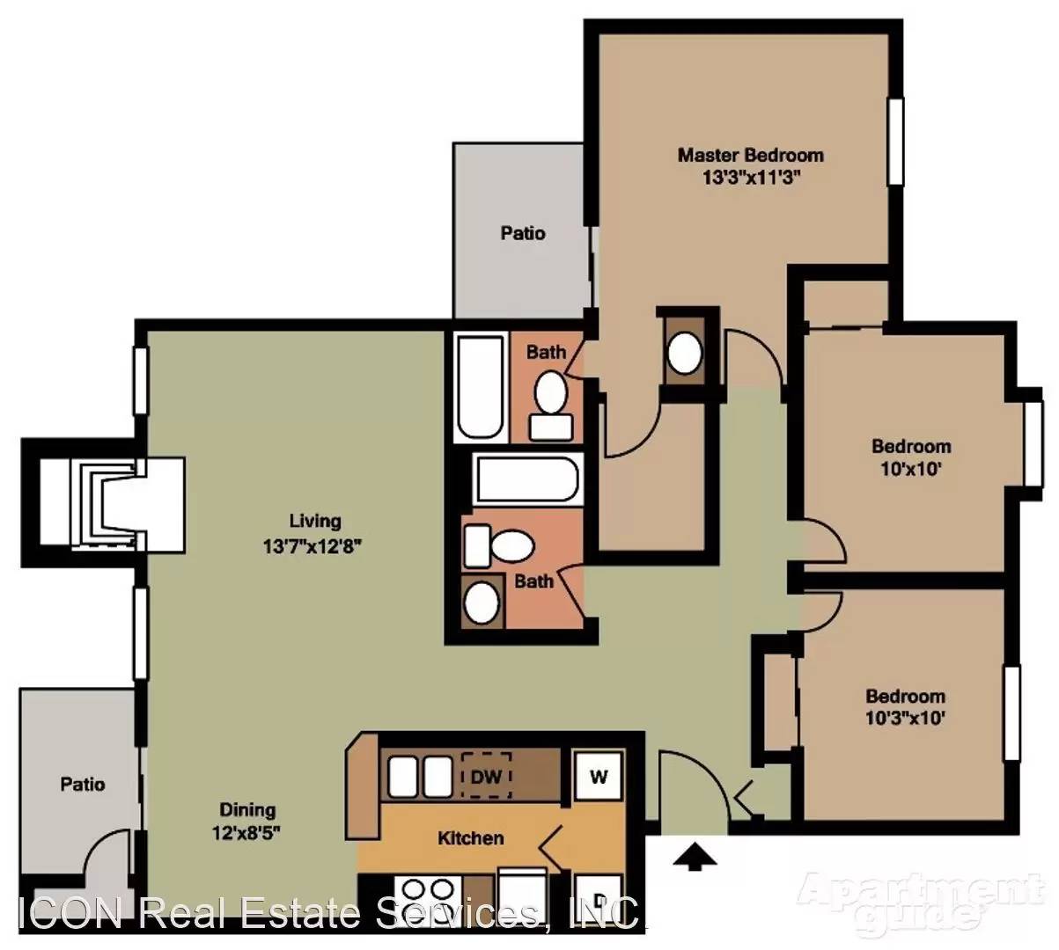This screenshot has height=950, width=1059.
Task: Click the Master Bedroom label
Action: (750, 155)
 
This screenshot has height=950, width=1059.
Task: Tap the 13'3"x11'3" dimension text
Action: (751, 178)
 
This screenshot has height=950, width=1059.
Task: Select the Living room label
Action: (314, 521)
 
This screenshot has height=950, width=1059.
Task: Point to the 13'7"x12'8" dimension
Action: (313, 546)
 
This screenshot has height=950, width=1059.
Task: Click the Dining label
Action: (247, 809)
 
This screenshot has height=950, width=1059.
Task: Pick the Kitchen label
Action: (470, 838)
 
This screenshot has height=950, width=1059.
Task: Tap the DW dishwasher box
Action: (486, 776)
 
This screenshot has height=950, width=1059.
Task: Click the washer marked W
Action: (599, 776)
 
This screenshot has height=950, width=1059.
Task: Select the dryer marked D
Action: (599, 897)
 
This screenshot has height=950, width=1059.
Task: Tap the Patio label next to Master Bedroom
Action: (523, 233)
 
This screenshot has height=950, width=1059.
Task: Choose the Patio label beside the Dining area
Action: (83, 784)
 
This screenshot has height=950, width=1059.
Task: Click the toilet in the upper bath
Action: (551, 405)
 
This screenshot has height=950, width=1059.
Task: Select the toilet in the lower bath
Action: (498, 546)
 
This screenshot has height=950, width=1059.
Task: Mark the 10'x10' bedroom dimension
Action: (911, 470)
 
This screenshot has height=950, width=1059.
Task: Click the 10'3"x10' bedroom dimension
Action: (905, 719)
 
